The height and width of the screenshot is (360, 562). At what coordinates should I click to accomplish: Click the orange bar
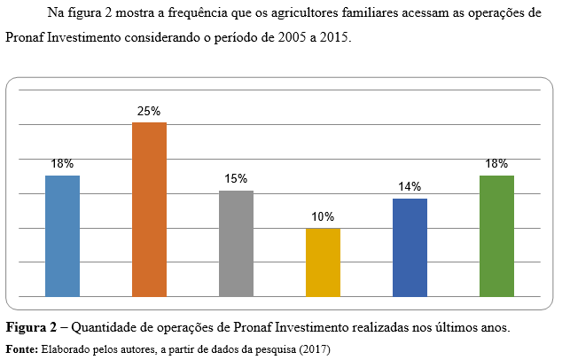click(149, 209)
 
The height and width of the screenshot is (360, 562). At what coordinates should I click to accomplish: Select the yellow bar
click(323, 262)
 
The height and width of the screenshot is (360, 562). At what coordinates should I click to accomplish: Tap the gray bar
click(236, 244)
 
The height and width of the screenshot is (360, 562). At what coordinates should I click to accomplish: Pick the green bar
click(496, 236)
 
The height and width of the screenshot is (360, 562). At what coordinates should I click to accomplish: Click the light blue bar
click(62, 236)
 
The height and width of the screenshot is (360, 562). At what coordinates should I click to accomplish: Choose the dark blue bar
click(410, 247)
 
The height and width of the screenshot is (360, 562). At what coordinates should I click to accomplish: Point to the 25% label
click(149, 112)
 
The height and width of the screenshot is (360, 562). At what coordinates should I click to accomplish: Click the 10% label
click(323, 217)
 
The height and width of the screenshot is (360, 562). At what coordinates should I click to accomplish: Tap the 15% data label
click(236, 179)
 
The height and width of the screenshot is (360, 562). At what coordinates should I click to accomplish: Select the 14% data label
click(410, 187)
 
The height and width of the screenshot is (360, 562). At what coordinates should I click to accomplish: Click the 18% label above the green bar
click(496, 164)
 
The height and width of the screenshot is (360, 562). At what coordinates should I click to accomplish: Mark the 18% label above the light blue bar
click(62, 164)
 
